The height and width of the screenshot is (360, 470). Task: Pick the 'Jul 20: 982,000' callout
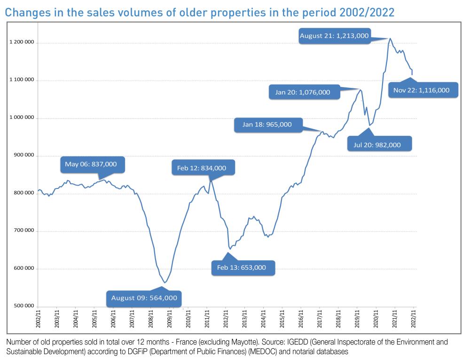tap(377, 145)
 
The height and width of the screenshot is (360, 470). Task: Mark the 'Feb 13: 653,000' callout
tap(241, 267)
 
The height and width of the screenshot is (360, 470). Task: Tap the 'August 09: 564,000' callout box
tap(144, 297)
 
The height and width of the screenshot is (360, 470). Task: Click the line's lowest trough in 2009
tap(164, 282)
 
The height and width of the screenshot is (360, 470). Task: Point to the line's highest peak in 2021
tap(390, 39)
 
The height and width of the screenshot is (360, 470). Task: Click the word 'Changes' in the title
tap(24, 12)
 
